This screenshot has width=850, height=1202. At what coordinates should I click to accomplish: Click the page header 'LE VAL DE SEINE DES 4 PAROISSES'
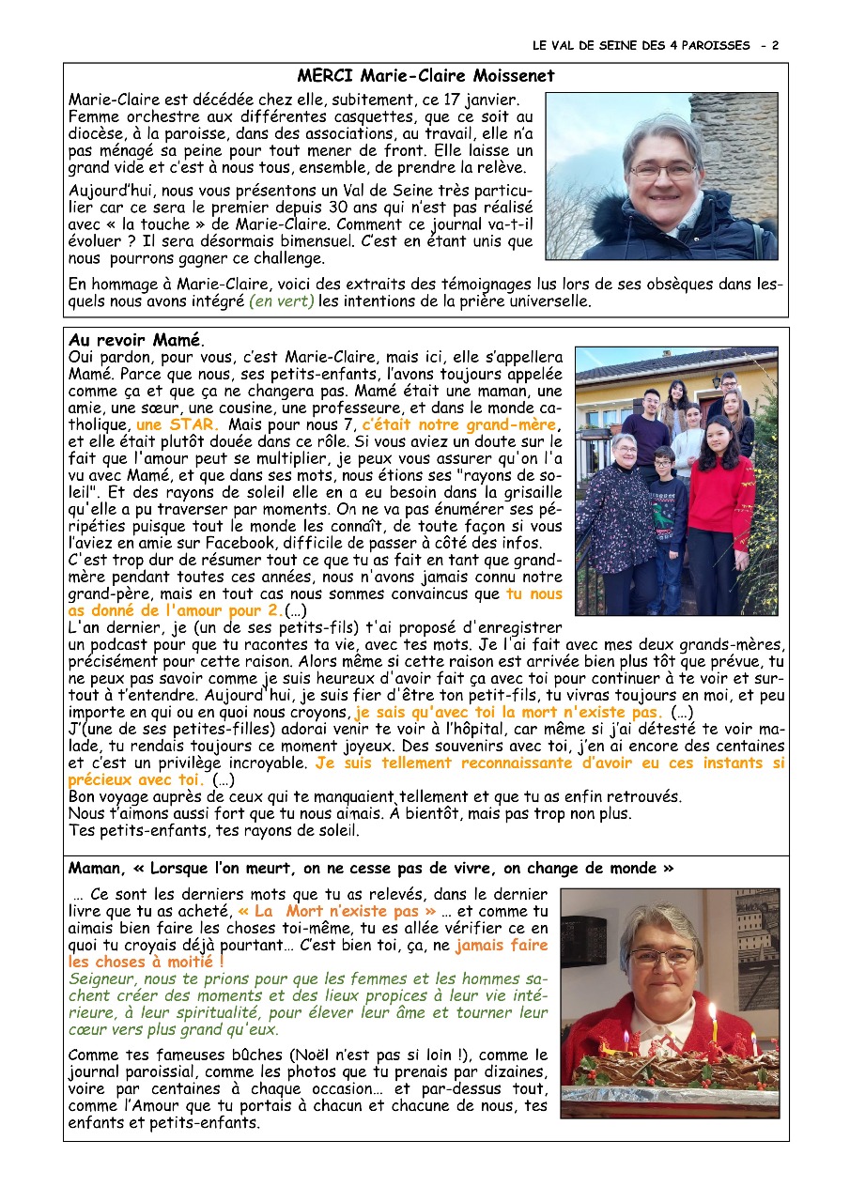coord(641,45)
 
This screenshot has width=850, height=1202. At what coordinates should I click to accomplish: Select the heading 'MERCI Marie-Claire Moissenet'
coord(425,76)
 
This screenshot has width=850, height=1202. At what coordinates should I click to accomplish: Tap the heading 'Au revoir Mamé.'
coord(136,339)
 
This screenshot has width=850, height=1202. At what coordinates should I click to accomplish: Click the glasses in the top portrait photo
coord(662,172)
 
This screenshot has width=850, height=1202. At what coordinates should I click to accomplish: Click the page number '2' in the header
coord(776,45)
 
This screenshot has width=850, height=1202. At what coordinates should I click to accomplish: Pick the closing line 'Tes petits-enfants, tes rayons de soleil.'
coord(213,831)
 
